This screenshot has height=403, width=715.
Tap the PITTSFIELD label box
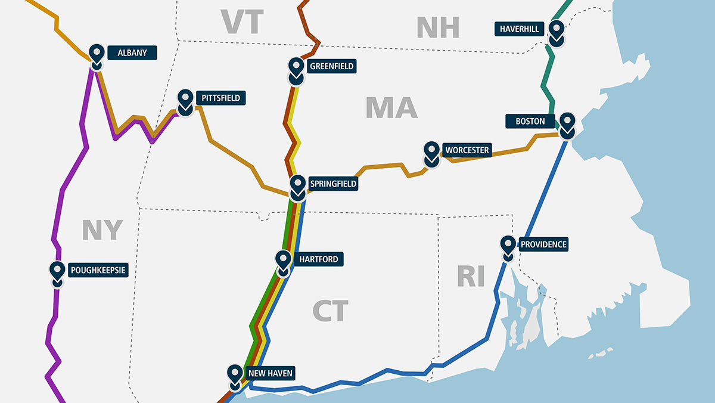tap(219, 98)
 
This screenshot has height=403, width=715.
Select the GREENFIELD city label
tap(331, 66)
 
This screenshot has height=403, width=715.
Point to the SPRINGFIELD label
tap(332, 184)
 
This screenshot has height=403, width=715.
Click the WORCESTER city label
tap(467, 150)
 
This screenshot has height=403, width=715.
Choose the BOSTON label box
tap(530, 121)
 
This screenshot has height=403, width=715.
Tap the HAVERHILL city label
tap(520, 29)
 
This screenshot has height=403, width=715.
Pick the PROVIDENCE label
tap(543, 244)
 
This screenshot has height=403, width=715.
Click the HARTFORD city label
tap(319, 259)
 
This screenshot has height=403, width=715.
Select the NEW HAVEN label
tap(271, 374)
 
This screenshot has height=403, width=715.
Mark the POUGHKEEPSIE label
tap(98, 270)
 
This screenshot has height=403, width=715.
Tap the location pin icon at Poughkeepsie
tap(57, 273)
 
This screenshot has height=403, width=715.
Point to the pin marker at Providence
tap(508, 247)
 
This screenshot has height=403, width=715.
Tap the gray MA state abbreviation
tap(391, 107)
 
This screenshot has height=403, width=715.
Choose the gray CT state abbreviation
tap(331, 311)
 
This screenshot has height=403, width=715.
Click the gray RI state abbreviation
tap(471, 277)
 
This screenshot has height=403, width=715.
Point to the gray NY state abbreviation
tap(102, 230)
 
